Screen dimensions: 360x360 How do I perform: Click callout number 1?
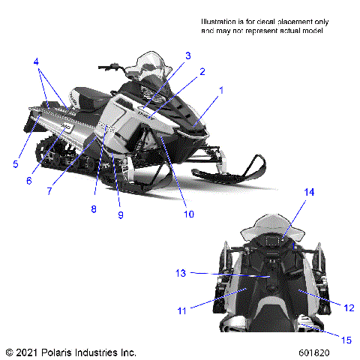[x=221, y=91]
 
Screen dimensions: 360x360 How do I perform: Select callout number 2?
[x=202, y=72]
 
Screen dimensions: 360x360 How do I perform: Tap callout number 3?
[x=187, y=55]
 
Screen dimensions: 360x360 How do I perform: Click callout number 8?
[x=94, y=208]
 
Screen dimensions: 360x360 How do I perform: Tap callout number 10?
[x=188, y=214]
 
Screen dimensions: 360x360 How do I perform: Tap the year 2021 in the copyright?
[x=28, y=351]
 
